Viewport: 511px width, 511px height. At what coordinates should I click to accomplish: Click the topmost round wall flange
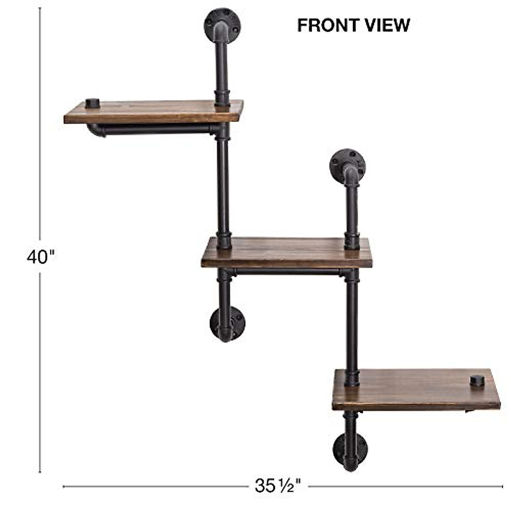[222, 26]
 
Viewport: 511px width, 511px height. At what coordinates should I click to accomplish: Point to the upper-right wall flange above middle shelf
[347, 167]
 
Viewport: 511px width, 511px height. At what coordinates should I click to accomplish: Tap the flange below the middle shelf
[227, 324]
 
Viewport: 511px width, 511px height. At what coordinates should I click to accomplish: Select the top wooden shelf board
[154, 112]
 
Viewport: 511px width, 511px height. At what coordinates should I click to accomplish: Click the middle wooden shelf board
[287, 252]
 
